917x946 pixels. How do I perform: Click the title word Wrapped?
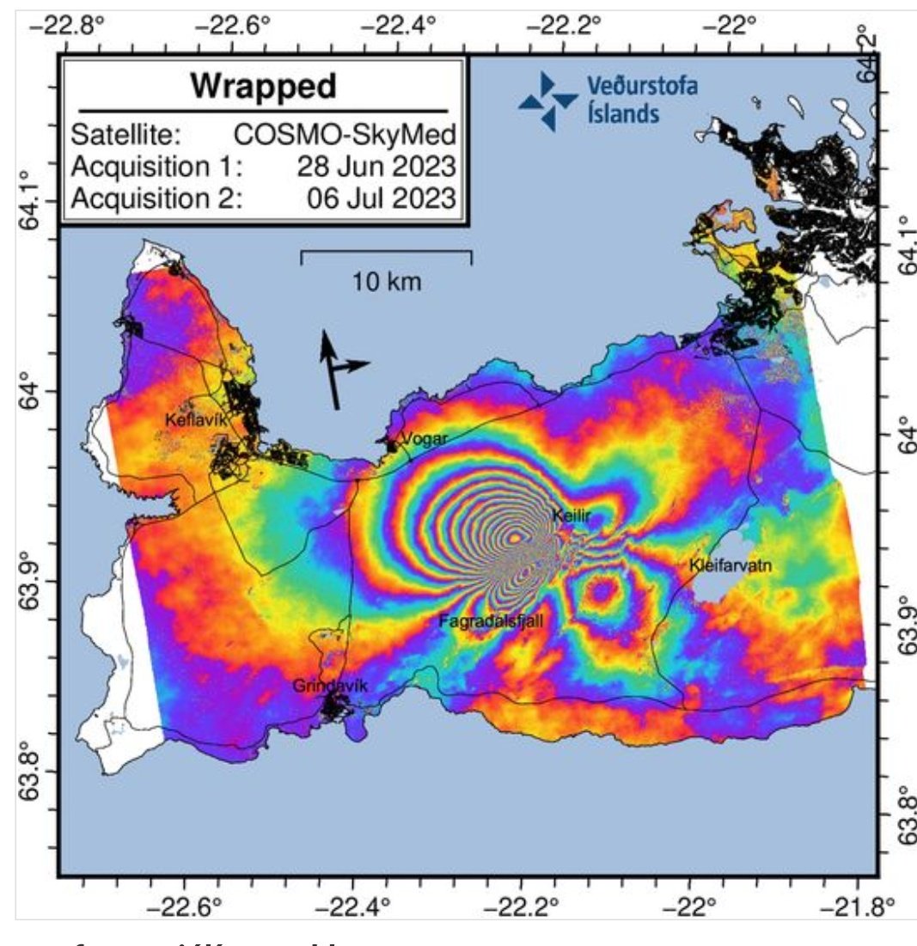click(263, 86)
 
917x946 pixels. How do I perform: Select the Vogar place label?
click(425, 438)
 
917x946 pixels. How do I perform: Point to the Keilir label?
click(572, 515)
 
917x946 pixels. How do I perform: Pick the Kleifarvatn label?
click(731, 565)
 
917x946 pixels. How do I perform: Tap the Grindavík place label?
click(330, 686)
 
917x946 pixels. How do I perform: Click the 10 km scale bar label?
click(387, 281)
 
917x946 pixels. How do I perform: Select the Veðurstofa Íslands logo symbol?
click(547, 101)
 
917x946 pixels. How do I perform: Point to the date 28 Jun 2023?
click(376, 167)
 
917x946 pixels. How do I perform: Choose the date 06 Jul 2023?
click(381, 198)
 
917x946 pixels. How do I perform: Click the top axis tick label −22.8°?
click(66, 26)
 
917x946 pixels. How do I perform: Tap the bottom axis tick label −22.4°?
click(371, 904)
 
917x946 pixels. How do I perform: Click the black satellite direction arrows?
click(338, 369)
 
